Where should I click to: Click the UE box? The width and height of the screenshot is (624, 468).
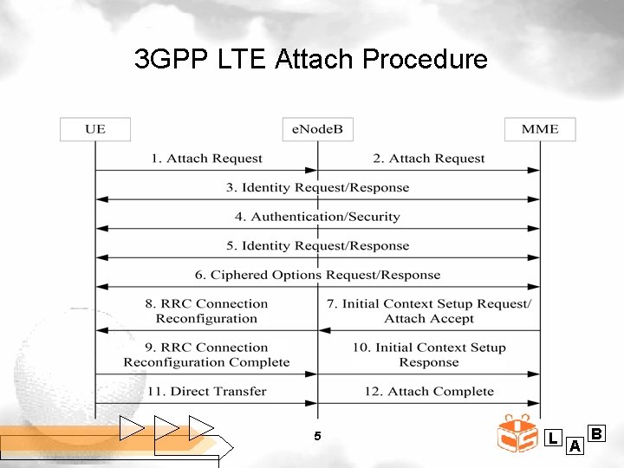pos(95,129)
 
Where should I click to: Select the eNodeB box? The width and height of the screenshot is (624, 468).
pos(317,129)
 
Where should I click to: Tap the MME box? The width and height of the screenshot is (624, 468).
pos(540,129)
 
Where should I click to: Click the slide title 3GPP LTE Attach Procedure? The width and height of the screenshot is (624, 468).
pos(311,60)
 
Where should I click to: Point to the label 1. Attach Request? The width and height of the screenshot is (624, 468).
pos(206,159)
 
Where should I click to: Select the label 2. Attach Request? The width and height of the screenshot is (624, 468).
pos(429,159)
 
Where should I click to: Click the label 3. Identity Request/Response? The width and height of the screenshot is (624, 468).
pos(317,187)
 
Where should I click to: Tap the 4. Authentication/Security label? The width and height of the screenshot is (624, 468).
pos(317,217)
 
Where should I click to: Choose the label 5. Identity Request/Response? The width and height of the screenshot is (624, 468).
pos(317,245)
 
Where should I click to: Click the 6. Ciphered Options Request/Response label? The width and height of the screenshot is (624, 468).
pos(317,275)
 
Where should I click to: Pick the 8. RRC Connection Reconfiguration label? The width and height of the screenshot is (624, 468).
pos(206,311)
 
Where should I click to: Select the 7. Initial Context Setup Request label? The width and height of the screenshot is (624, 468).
pos(429,311)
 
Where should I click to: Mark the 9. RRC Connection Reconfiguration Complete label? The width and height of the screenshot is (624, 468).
pos(206,355)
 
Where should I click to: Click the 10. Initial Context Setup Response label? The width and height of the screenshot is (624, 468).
pos(429,355)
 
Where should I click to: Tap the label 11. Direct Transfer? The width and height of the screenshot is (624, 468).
pos(206,392)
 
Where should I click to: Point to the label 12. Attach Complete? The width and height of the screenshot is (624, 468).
pos(429,392)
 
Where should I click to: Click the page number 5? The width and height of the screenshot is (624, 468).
pos(317,436)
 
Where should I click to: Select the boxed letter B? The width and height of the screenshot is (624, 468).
pos(596,432)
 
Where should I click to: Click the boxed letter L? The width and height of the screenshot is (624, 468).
pos(553,439)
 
